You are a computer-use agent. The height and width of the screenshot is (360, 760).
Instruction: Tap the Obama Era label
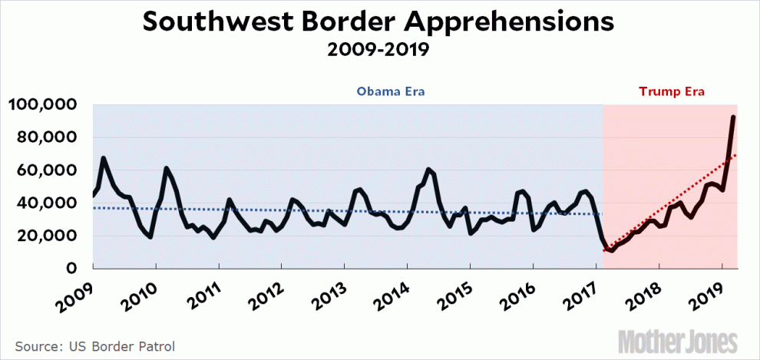click(x=391, y=92)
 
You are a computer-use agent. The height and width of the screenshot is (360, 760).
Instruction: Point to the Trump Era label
click(x=672, y=92)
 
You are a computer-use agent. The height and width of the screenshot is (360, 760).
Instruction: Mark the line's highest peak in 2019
click(x=734, y=117)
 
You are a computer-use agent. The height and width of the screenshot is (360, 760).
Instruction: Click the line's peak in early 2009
click(x=104, y=158)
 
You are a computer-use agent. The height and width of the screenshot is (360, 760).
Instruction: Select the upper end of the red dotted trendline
click(x=735, y=155)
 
